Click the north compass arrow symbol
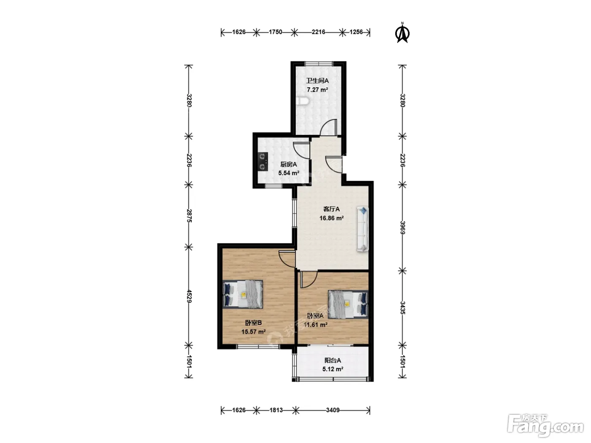[402, 33]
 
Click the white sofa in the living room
[363, 229]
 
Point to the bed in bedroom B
[243, 294]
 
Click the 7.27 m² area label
[317, 90]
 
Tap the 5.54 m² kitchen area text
[289, 173]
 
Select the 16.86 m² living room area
[331, 218]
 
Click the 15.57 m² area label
[253, 332]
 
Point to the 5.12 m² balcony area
[333, 369]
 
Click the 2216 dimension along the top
[319, 32]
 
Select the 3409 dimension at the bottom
[333, 410]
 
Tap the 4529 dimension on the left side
[189, 296]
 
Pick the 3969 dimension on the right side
[403, 227]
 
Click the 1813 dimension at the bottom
[276, 410]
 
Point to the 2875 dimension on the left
[189, 216]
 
